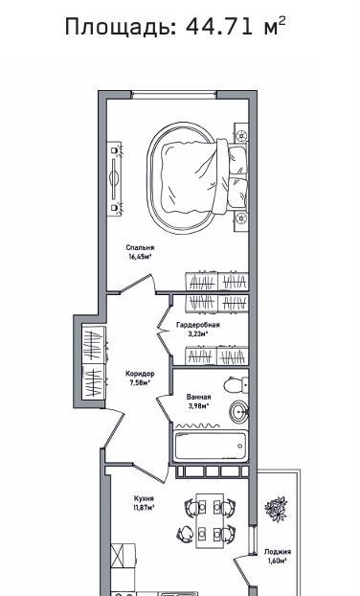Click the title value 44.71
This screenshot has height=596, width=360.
click(x=218, y=27)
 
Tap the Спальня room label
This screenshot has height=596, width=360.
click(x=140, y=248)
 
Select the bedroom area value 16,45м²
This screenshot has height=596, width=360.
click(x=140, y=257)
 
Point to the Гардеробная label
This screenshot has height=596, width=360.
click(x=198, y=325)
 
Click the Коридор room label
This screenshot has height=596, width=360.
click(x=140, y=374)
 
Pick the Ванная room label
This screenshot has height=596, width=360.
click(x=198, y=398)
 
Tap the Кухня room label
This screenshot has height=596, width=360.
click(x=144, y=498)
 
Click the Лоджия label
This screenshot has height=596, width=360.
click(x=278, y=552)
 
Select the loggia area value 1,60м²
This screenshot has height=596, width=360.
click(x=278, y=561)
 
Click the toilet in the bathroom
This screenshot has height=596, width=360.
click(x=236, y=385)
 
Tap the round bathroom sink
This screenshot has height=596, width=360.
click(x=238, y=411)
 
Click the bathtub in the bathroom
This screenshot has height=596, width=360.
click(x=211, y=446)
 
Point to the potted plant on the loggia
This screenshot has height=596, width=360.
click(x=276, y=509)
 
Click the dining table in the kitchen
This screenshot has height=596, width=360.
click(x=210, y=520)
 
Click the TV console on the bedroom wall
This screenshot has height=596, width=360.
click(x=114, y=178)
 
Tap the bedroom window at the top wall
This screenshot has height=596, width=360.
click(x=173, y=95)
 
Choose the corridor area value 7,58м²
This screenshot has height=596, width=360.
click(x=140, y=382)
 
